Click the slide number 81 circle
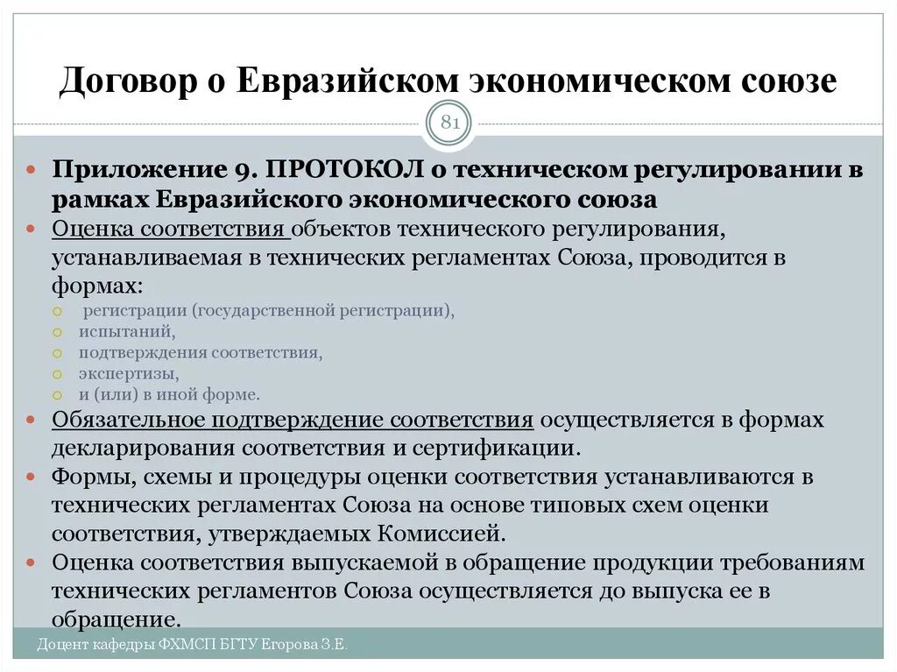point(449,124)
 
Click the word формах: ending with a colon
point(96,286)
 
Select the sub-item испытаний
point(127,332)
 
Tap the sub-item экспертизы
point(129,374)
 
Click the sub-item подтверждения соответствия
point(201,353)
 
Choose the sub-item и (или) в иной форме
point(169,394)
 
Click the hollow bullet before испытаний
point(57,333)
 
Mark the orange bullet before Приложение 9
point(31,170)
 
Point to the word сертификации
point(503,449)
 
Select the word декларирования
point(145,449)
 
